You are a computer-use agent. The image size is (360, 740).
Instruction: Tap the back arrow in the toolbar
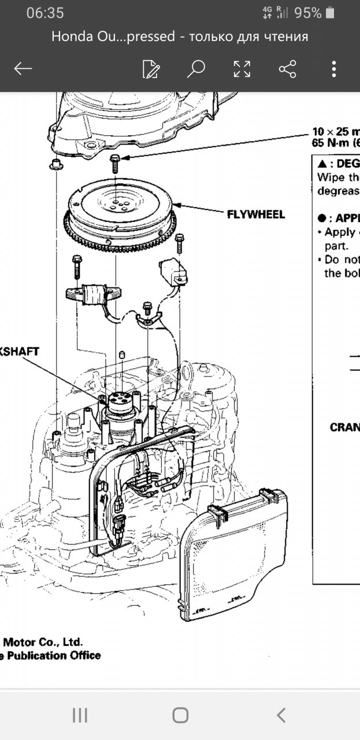[23, 69]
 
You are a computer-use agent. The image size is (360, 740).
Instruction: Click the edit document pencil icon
[150, 69]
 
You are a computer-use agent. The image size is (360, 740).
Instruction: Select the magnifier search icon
[196, 69]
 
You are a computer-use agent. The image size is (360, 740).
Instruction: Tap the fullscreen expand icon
[242, 69]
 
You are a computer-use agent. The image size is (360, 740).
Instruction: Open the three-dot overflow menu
[334, 69]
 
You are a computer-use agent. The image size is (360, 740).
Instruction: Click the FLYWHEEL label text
[256, 214]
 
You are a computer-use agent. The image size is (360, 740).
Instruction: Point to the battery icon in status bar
[330, 13]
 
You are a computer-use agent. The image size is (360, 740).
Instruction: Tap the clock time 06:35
[45, 13]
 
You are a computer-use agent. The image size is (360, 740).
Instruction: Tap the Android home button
[180, 715]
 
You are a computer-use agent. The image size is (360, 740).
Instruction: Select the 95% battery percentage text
[307, 13]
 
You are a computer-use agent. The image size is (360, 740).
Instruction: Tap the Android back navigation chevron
[281, 715]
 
